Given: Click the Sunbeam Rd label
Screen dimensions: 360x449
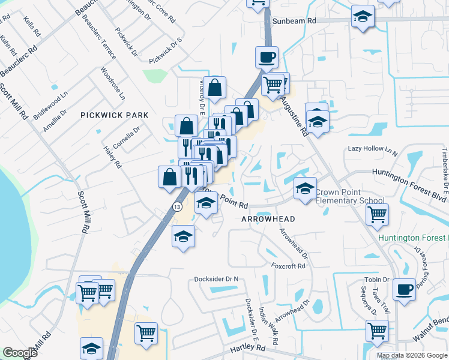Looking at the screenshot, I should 294,20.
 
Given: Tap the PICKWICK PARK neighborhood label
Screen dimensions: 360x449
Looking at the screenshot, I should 114,115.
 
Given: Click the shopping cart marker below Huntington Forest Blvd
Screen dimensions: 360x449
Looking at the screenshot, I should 377,214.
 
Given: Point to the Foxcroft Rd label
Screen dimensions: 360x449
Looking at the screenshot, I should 288,266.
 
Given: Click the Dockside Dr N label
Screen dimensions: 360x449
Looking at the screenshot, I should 216,279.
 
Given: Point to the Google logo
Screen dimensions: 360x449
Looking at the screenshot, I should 20,353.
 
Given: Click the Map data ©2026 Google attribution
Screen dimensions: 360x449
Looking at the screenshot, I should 412,355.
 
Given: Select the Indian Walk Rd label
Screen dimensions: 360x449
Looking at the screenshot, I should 268,327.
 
